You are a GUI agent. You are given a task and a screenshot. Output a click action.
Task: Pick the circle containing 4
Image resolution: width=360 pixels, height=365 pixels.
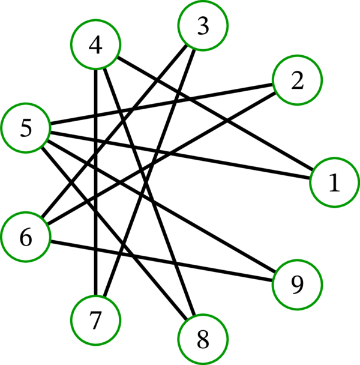point(95,46)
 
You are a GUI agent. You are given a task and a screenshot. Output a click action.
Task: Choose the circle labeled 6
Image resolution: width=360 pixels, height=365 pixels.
point(25,237)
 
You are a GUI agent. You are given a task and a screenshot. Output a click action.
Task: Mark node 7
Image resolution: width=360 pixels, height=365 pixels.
point(95,320)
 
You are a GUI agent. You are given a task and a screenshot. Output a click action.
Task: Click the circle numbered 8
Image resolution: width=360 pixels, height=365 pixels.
point(203,339)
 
